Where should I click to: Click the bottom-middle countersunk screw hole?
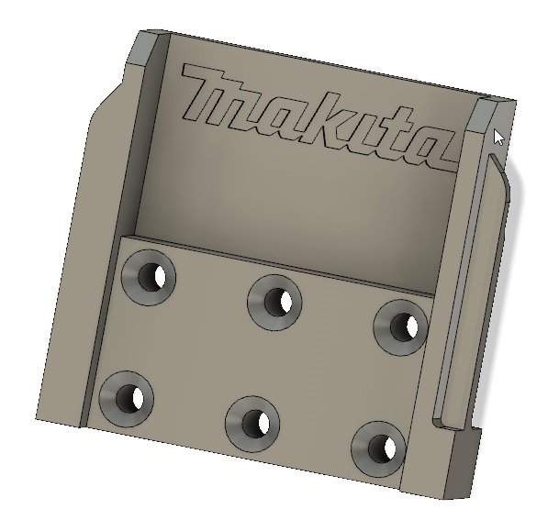pyautogui.click(x=252, y=422)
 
